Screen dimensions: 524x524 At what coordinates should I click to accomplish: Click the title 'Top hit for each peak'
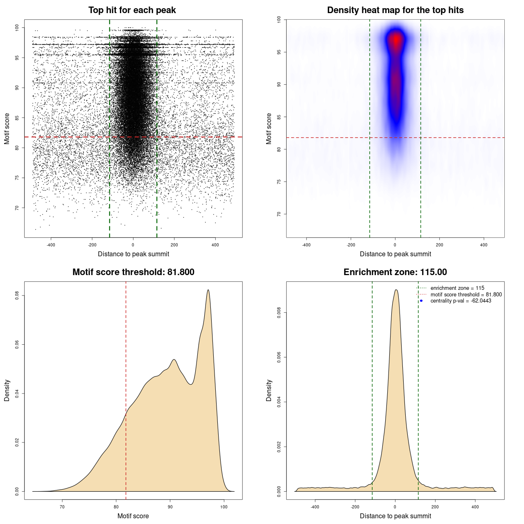[132, 10]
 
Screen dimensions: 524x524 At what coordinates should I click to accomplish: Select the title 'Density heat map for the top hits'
[395, 10]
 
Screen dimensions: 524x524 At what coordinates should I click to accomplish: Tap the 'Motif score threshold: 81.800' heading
[133, 272]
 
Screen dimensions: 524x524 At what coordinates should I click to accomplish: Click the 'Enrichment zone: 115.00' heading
[395, 272]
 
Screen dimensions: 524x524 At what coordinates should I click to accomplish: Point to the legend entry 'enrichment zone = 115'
[457, 288]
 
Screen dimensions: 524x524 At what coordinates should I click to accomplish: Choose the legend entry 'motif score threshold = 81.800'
[466, 295]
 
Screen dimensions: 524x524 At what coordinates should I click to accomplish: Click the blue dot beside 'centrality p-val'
[421, 301]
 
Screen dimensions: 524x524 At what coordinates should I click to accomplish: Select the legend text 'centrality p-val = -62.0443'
[461, 301]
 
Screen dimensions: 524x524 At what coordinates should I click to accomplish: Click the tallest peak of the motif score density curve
[208, 290]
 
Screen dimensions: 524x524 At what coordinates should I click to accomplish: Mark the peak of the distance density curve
[396, 290]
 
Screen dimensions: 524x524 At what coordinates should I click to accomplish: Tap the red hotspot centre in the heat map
[396, 40]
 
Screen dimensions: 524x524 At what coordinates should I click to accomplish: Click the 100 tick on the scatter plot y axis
[17, 27]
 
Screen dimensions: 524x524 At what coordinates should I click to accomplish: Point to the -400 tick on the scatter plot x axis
[51, 245]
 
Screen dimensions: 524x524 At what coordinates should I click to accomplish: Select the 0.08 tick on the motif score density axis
[17, 296]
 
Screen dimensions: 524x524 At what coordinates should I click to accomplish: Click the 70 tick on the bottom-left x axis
[62, 507]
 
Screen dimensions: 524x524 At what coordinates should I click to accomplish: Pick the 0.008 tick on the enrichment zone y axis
[279, 313]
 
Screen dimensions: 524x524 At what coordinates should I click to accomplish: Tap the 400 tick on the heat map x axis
[483, 245]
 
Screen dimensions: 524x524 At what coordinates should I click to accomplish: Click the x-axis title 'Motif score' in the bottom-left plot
[133, 516]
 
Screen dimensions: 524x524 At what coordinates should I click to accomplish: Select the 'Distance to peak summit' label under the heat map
[395, 254]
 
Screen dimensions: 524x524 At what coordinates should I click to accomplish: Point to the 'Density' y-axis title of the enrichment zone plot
[269, 390]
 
